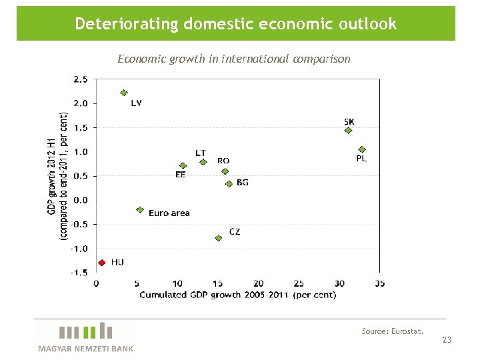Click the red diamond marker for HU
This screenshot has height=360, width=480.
click(101, 263)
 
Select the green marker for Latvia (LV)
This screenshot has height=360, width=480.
click(123, 93)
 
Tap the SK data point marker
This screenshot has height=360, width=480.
click(348, 131)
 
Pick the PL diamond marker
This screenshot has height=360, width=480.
click(362, 149)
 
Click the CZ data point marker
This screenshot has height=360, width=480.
click(218, 238)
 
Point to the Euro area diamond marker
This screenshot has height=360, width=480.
click(139, 209)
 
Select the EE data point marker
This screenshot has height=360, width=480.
click(183, 165)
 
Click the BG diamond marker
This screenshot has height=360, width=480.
click(229, 183)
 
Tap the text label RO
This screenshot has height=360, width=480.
click(223, 161)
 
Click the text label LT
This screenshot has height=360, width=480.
click(200, 153)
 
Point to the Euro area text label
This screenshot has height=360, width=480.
click(169, 213)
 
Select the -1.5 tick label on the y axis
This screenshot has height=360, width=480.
click(79, 273)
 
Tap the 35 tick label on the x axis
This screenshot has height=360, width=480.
click(379, 284)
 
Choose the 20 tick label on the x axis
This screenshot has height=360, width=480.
click(258, 284)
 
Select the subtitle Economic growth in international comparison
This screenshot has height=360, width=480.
click(233, 59)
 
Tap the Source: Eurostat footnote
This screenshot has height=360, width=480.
click(393, 331)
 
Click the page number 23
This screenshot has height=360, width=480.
click(447, 341)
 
